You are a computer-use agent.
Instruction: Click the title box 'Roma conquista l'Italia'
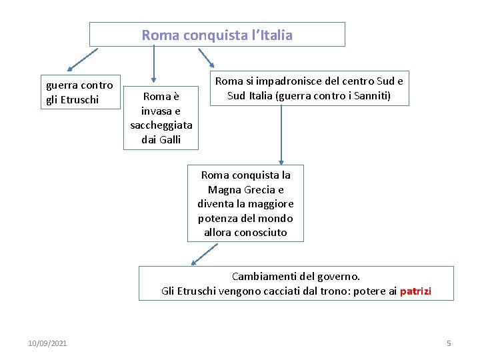[217, 35]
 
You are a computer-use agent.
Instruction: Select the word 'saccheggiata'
[161, 125]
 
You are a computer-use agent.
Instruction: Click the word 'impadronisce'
[294, 81]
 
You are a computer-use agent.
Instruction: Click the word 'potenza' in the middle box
[216, 218]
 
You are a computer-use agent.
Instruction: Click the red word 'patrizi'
[415, 291]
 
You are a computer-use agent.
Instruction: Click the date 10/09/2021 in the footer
[47, 343]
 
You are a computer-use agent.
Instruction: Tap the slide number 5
[449, 343]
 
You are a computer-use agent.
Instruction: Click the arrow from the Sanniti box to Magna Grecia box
[281, 133]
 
